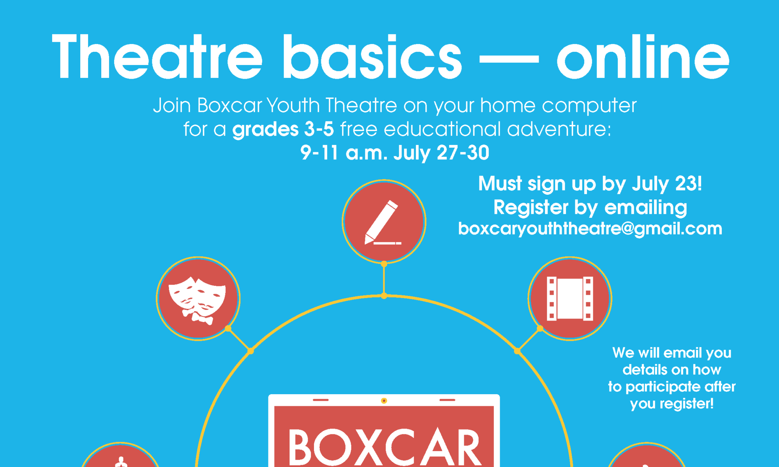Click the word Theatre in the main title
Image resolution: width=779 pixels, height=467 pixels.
(x=157, y=57)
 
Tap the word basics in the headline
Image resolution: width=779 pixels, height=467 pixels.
(x=372, y=57)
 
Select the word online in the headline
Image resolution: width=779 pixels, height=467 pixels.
(x=643, y=57)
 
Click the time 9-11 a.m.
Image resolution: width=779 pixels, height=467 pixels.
(x=344, y=153)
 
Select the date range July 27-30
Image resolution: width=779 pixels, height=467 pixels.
(x=441, y=153)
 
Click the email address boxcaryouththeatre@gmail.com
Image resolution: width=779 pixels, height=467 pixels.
(x=590, y=229)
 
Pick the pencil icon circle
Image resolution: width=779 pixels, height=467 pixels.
(x=384, y=222)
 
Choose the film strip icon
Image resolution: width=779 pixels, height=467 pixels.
(x=570, y=299)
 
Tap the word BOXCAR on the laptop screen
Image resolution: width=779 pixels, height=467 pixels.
(x=384, y=448)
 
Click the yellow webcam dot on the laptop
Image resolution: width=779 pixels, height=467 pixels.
(x=384, y=400)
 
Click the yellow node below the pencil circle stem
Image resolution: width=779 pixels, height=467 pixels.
(x=384, y=296)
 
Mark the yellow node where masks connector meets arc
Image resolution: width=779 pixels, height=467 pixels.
(x=251, y=351)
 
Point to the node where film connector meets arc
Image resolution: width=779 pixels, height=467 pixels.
(x=517, y=351)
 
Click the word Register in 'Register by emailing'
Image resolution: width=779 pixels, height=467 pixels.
(x=531, y=208)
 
